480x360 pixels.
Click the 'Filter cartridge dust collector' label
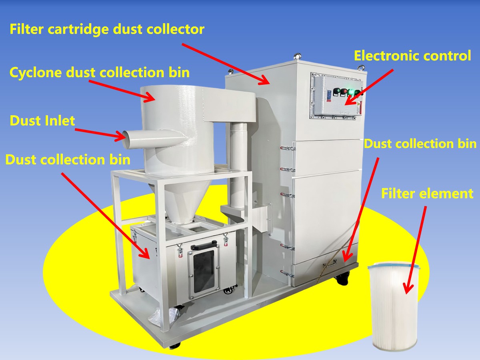point(107,29)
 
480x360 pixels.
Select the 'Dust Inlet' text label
point(42,120)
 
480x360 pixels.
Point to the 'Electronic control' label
point(412,56)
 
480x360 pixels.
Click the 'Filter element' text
point(427,194)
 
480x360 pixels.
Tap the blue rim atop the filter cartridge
point(394,265)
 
